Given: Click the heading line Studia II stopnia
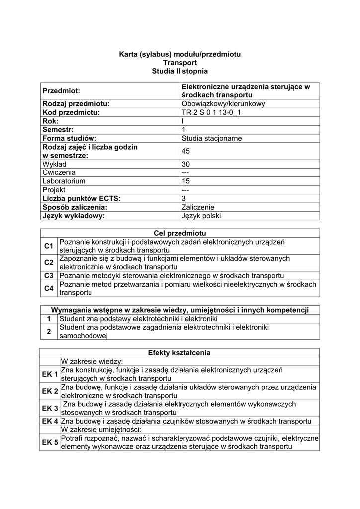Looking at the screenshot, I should point(180,72).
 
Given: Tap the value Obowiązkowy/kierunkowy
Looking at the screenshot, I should point(223,104).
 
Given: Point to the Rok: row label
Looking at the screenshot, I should point(51,121).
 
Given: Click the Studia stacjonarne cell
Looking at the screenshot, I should point(212,138).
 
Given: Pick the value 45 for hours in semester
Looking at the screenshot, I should point(186,151).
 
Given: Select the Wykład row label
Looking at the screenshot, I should point(54,164).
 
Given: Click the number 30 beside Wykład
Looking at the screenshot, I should point(186,164).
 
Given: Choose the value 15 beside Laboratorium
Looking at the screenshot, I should point(186,181).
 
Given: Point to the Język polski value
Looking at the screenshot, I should point(201,216).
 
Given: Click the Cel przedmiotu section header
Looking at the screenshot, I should point(180,233).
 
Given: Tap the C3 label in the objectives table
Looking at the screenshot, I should point(49,276).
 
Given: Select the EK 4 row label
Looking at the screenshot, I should point(50,421).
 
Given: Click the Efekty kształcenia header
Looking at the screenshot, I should point(180,353).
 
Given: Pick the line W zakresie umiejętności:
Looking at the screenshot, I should point(101,429).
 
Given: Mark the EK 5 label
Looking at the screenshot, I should point(50,442).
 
